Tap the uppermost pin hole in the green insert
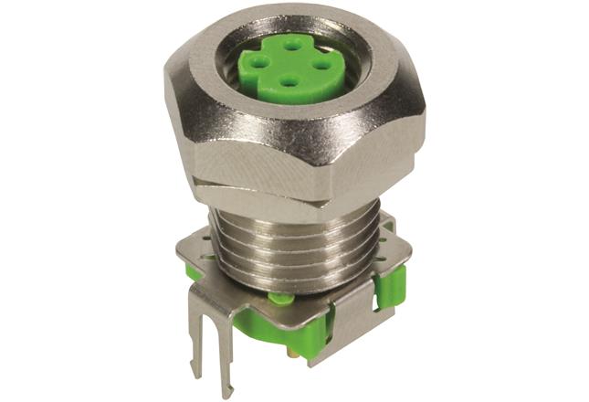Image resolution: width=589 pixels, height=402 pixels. (x=291, y=43)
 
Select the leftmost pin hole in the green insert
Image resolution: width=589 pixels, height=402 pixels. (x=260, y=63)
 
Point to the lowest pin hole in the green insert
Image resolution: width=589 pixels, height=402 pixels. (x=290, y=82)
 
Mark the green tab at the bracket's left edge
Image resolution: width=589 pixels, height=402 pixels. (x=193, y=270)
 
